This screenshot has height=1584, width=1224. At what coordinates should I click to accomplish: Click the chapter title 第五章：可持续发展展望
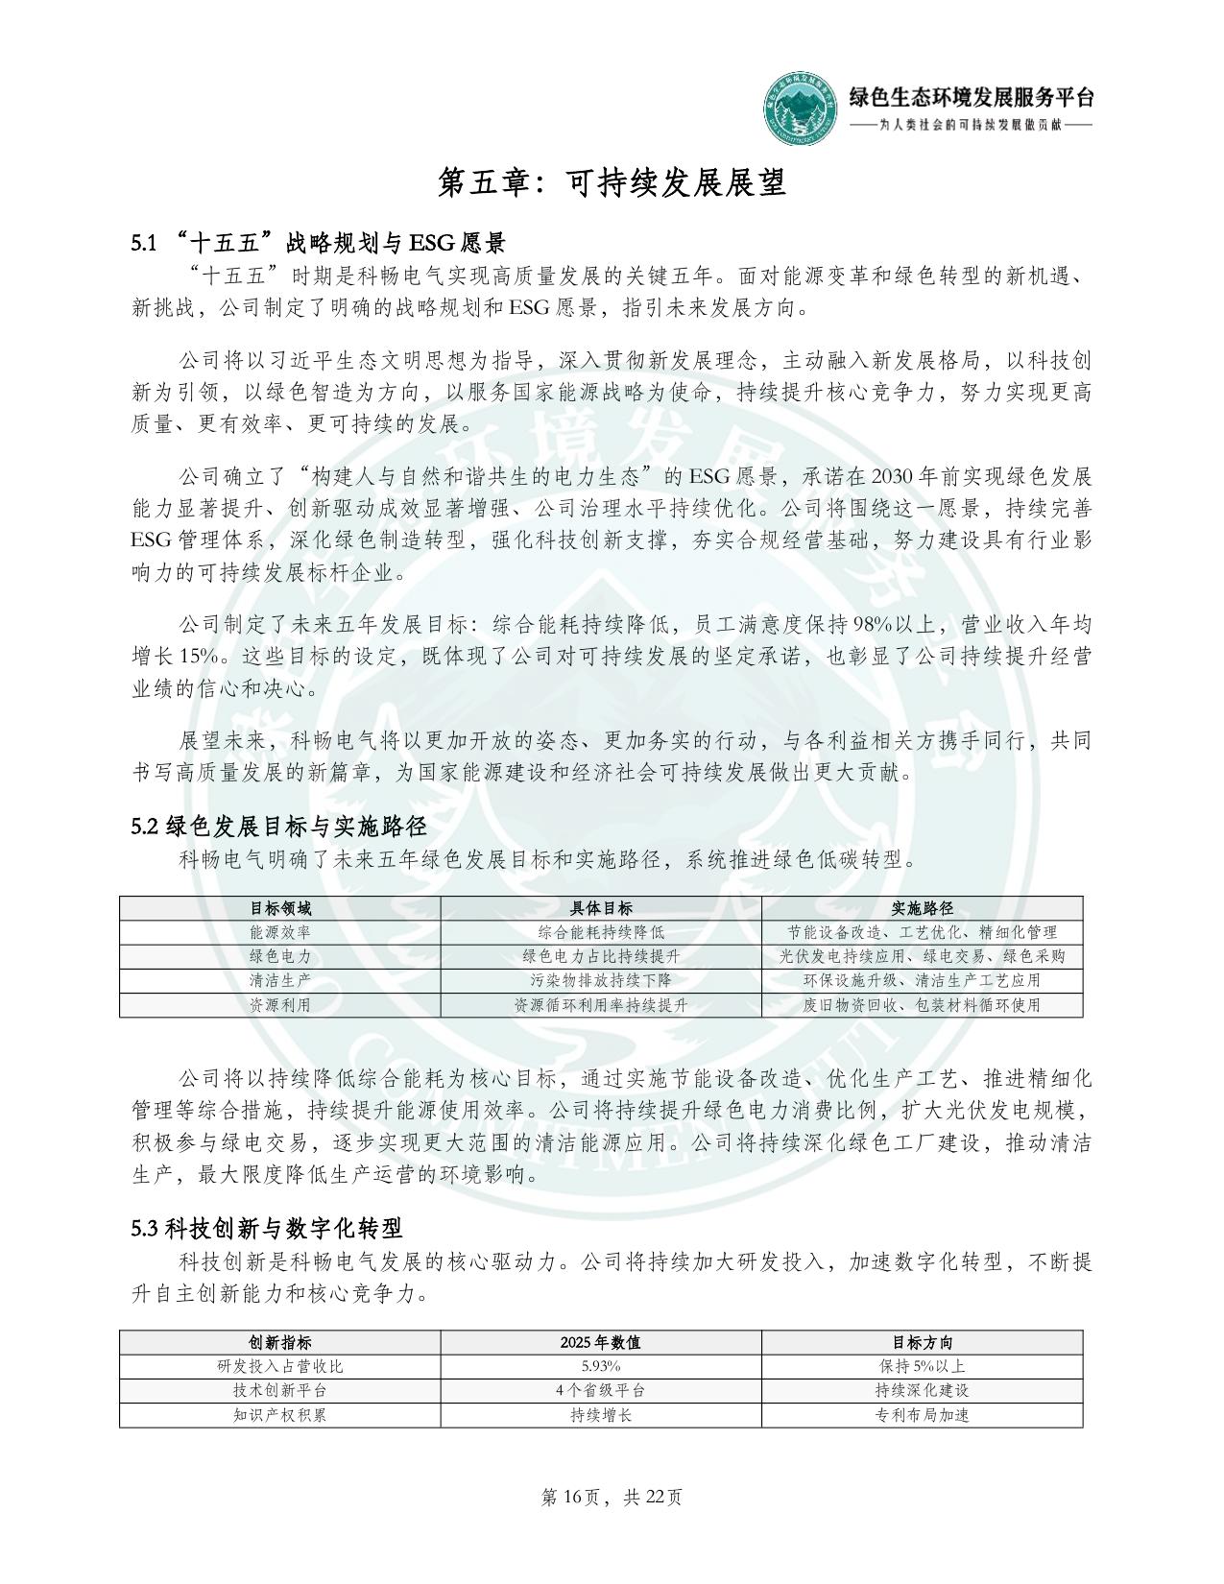(x=612, y=181)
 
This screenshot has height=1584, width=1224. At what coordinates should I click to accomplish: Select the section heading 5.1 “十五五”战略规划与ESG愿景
(x=318, y=241)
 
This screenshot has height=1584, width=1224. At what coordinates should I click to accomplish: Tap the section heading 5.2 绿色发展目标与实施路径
(x=279, y=826)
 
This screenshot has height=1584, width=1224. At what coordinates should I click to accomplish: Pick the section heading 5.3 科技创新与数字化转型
(x=267, y=1227)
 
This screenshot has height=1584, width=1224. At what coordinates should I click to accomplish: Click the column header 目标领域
(x=280, y=908)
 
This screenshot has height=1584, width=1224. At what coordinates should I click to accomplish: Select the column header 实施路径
(x=922, y=908)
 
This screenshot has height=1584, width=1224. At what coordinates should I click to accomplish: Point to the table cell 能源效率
(x=280, y=932)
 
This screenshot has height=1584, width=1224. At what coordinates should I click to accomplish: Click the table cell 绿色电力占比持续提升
(x=601, y=956)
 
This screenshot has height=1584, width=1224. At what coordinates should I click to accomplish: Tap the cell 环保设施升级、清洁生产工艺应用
(x=922, y=980)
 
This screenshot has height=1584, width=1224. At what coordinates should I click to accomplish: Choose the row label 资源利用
(x=280, y=1005)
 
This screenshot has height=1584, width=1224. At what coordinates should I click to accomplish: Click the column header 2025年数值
(x=601, y=1342)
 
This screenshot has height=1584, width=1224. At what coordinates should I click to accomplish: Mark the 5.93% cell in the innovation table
(x=601, y=1366)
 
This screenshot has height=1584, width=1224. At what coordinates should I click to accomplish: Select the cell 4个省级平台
(x=601, y=1390)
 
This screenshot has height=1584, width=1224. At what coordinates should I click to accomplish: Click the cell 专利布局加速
(x=922, y=1415)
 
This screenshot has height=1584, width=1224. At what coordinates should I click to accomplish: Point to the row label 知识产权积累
(x=280, y=1415)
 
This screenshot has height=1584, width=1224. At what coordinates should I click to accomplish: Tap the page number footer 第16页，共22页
(x=612, y=1497)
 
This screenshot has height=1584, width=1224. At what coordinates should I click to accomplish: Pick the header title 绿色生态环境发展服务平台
(x=971, y=97)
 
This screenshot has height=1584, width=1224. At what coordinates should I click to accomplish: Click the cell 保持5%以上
(x=922, y=1366)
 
